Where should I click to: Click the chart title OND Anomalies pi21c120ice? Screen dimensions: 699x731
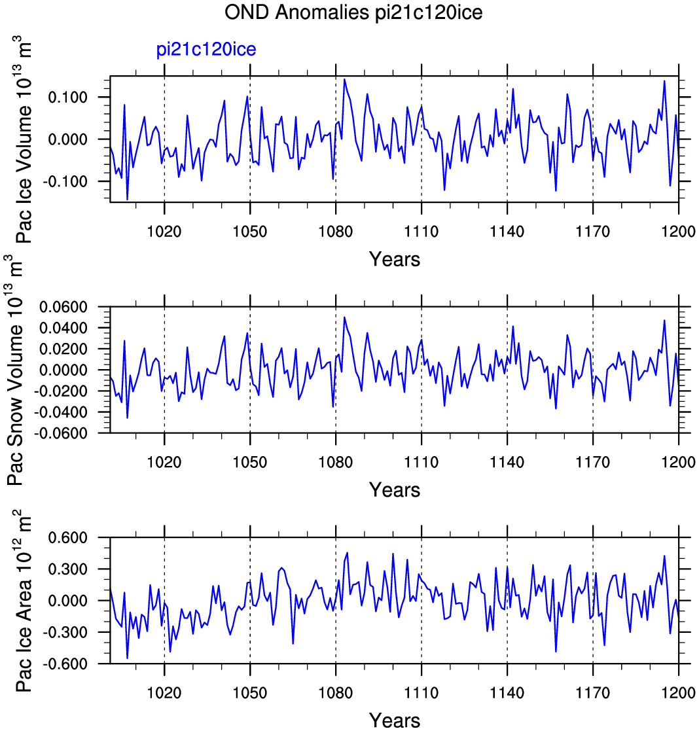pyautogui.click(x=353, y=12)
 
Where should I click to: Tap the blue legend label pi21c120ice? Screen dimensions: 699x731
pyautogui.click(x=206, y=50)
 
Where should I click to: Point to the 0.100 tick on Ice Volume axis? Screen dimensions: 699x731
pyautogui.click(x=67, y=98)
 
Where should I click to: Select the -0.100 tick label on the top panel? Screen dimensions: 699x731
pyautogui.click(x=65, y=181)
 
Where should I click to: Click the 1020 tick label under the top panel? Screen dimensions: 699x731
pyautogui.click(x=164, y=231)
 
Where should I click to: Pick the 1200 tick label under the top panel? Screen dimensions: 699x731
pyautogui.click(x=679, y=231)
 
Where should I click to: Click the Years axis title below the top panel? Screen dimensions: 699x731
pyautogui.click(x=395, y=259)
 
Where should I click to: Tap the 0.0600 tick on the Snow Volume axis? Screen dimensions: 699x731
pyautogui.click(x=63, y=307)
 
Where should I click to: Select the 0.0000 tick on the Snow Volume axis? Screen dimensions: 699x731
pyautogui.click(x=63, y=370)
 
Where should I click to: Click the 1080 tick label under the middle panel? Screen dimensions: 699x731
pyautogui.click(x=336, y=462)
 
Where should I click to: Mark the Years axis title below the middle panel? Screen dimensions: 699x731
pyautogui.click(x=395, y=490)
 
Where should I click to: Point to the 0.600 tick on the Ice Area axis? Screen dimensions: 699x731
pyautogui.click(x=67, y=537)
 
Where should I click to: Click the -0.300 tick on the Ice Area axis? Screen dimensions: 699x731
pyautogui.click(x=65, y=632)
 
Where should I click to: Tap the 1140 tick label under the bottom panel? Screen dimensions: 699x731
pyautogui.click(x=507, y=693)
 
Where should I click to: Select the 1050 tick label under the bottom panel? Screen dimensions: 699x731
pyautogui.click(x=250, y=693)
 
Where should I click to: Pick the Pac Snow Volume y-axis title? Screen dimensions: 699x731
pyautogui.click(x=16, y=370)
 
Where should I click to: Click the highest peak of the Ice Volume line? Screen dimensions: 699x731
pyautogui.click(x=345, y=79)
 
